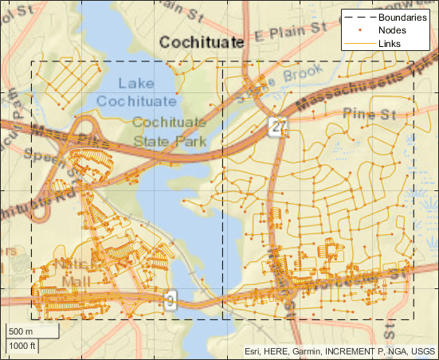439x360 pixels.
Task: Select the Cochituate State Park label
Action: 169,132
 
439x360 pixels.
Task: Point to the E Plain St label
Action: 292,31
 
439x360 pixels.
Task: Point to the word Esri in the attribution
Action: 254,350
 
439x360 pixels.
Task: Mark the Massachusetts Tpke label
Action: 359,84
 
